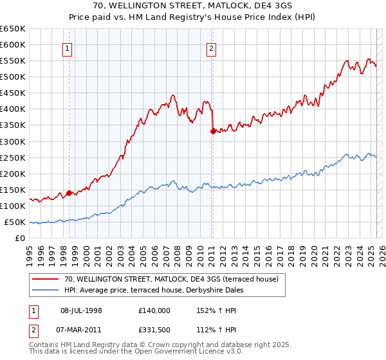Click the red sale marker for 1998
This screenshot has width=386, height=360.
point(69,192)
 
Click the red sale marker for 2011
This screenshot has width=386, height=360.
point(212,130)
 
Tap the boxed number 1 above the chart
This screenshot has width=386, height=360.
point(68,47)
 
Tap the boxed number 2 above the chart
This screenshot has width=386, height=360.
point(211,47)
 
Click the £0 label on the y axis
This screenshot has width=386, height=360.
point(21,238)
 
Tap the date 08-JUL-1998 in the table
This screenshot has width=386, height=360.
point(81,310)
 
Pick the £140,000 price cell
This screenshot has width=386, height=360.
point(154,310)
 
